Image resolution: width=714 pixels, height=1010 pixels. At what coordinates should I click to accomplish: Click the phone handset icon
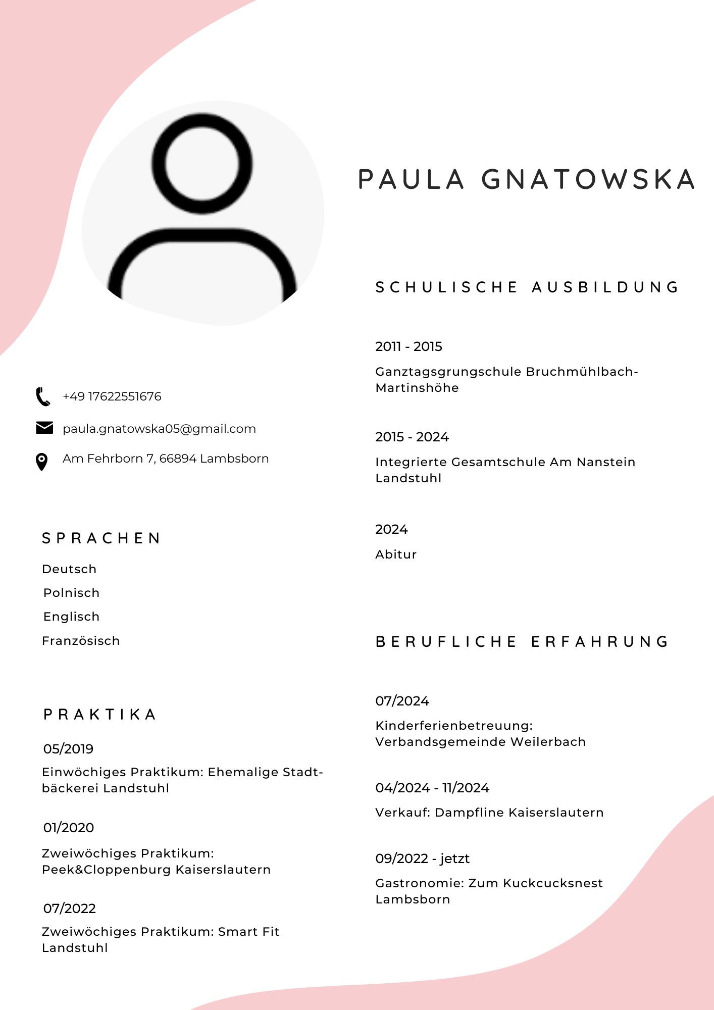pyautogui.click(x=43, y=397)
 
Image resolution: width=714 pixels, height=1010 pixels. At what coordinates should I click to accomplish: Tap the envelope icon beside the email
pyautogui.click(x=44, y=428)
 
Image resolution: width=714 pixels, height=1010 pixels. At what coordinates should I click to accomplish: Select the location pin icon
pyautogui.click(x=42, y=462)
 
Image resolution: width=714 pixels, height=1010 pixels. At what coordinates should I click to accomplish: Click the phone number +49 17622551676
pyautogui.click(x=112, y=396)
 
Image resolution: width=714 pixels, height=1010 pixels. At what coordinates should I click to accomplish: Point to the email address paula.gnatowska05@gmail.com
pyautogui.click(x=159, y=429)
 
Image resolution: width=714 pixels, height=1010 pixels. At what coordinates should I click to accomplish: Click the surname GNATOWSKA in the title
pyautogui.click(x=588, y=180)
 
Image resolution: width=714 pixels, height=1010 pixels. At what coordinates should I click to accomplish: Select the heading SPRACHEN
pyautogui.click(x=101, y=538)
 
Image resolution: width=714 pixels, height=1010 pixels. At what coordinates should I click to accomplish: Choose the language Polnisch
pyautogui.click(x=72, y=593)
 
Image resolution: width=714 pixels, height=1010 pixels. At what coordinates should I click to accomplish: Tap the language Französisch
pyautogui.click(x=81, y=641)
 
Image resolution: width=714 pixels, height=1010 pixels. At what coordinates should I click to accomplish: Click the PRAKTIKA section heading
pyautogui.click(x=100, y=715)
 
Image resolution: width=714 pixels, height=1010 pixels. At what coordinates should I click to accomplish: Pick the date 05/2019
pyautogui.click(x=69, y=749)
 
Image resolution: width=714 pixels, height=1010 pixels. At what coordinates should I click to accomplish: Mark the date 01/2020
pyautogui.click(x=69, y=828)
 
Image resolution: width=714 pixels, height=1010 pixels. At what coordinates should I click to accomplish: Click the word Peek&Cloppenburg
pyautogui.click(x=107, y=870)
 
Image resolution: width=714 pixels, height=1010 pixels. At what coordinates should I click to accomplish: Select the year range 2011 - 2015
pyautogui.click(x=409, y=346)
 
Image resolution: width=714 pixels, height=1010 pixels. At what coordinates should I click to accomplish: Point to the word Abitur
pyautogui.click(x=396, y=554)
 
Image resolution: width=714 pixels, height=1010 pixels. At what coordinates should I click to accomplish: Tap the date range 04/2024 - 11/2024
pyautogui.click(x=432, y=788)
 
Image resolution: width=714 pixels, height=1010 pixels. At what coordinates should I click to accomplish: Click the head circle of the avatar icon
pyautogui.click(x=202, y=164)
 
